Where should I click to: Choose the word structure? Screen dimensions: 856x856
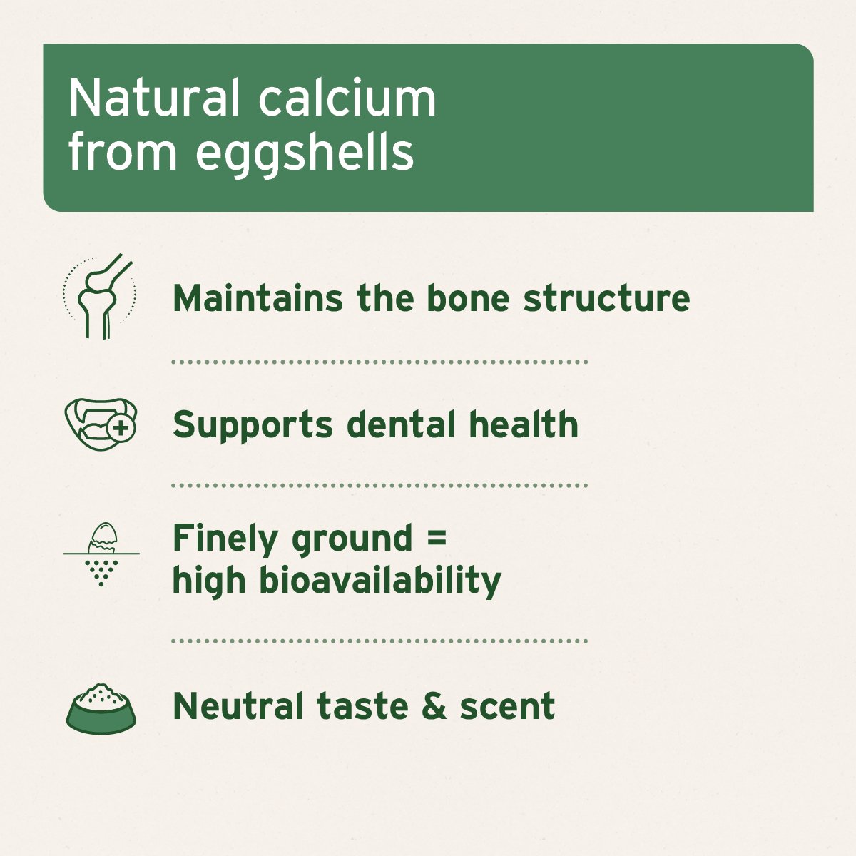(606, 298)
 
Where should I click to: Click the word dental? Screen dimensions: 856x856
(402, 424)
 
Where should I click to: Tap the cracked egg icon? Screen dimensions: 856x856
(101, 554)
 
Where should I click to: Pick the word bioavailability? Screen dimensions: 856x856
(379, 581)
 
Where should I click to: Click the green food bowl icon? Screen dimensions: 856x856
(101, 708)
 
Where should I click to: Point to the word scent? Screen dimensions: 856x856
(507, 706)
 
